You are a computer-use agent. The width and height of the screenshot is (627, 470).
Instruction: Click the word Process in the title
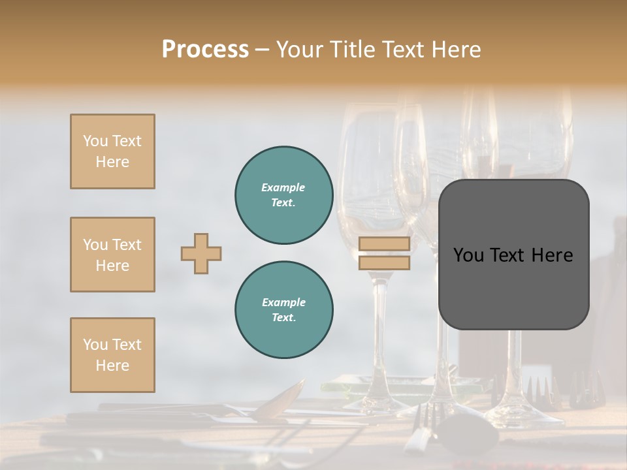coord(205,50)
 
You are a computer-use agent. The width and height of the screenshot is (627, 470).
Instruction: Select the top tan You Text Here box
coord(112,151)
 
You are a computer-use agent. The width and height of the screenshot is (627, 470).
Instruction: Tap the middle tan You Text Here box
coord(112,255)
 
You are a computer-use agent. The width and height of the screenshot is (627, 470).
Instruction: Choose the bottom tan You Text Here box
coord(112,355)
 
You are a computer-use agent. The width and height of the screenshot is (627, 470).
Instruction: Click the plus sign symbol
coord(201,253)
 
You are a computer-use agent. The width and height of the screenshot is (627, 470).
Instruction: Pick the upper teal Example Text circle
coord(283,195)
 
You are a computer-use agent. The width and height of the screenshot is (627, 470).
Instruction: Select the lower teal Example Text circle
coord(283,309)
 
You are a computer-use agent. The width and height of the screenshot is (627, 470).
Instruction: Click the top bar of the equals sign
coord(384,244)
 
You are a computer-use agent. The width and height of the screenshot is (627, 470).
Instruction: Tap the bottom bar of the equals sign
coord(384,262)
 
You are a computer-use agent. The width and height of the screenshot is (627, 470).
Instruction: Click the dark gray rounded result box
coord(513,255)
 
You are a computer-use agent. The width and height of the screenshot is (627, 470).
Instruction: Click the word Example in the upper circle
coord(283,187)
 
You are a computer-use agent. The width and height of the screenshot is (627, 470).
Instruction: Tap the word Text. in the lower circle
coord(283,318)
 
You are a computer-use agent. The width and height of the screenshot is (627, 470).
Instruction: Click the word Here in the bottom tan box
coord(112,366)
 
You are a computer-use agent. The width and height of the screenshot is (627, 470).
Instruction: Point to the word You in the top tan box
coord(95,141)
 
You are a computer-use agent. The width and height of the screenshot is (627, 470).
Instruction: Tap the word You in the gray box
coord(468,255)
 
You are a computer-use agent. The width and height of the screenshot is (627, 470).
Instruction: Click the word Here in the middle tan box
coord(112,266)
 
